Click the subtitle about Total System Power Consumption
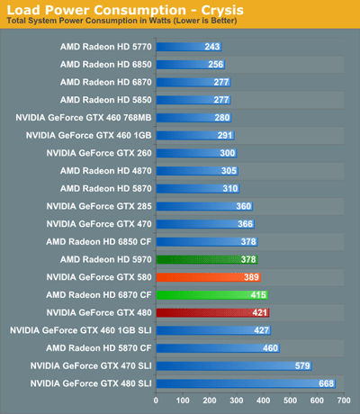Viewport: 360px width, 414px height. point(115,21)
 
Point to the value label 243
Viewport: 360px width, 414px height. point(212,46)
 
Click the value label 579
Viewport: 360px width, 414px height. point(301,365)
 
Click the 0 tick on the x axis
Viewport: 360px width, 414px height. point(157,400)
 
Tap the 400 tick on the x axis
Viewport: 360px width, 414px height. point(263,400)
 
